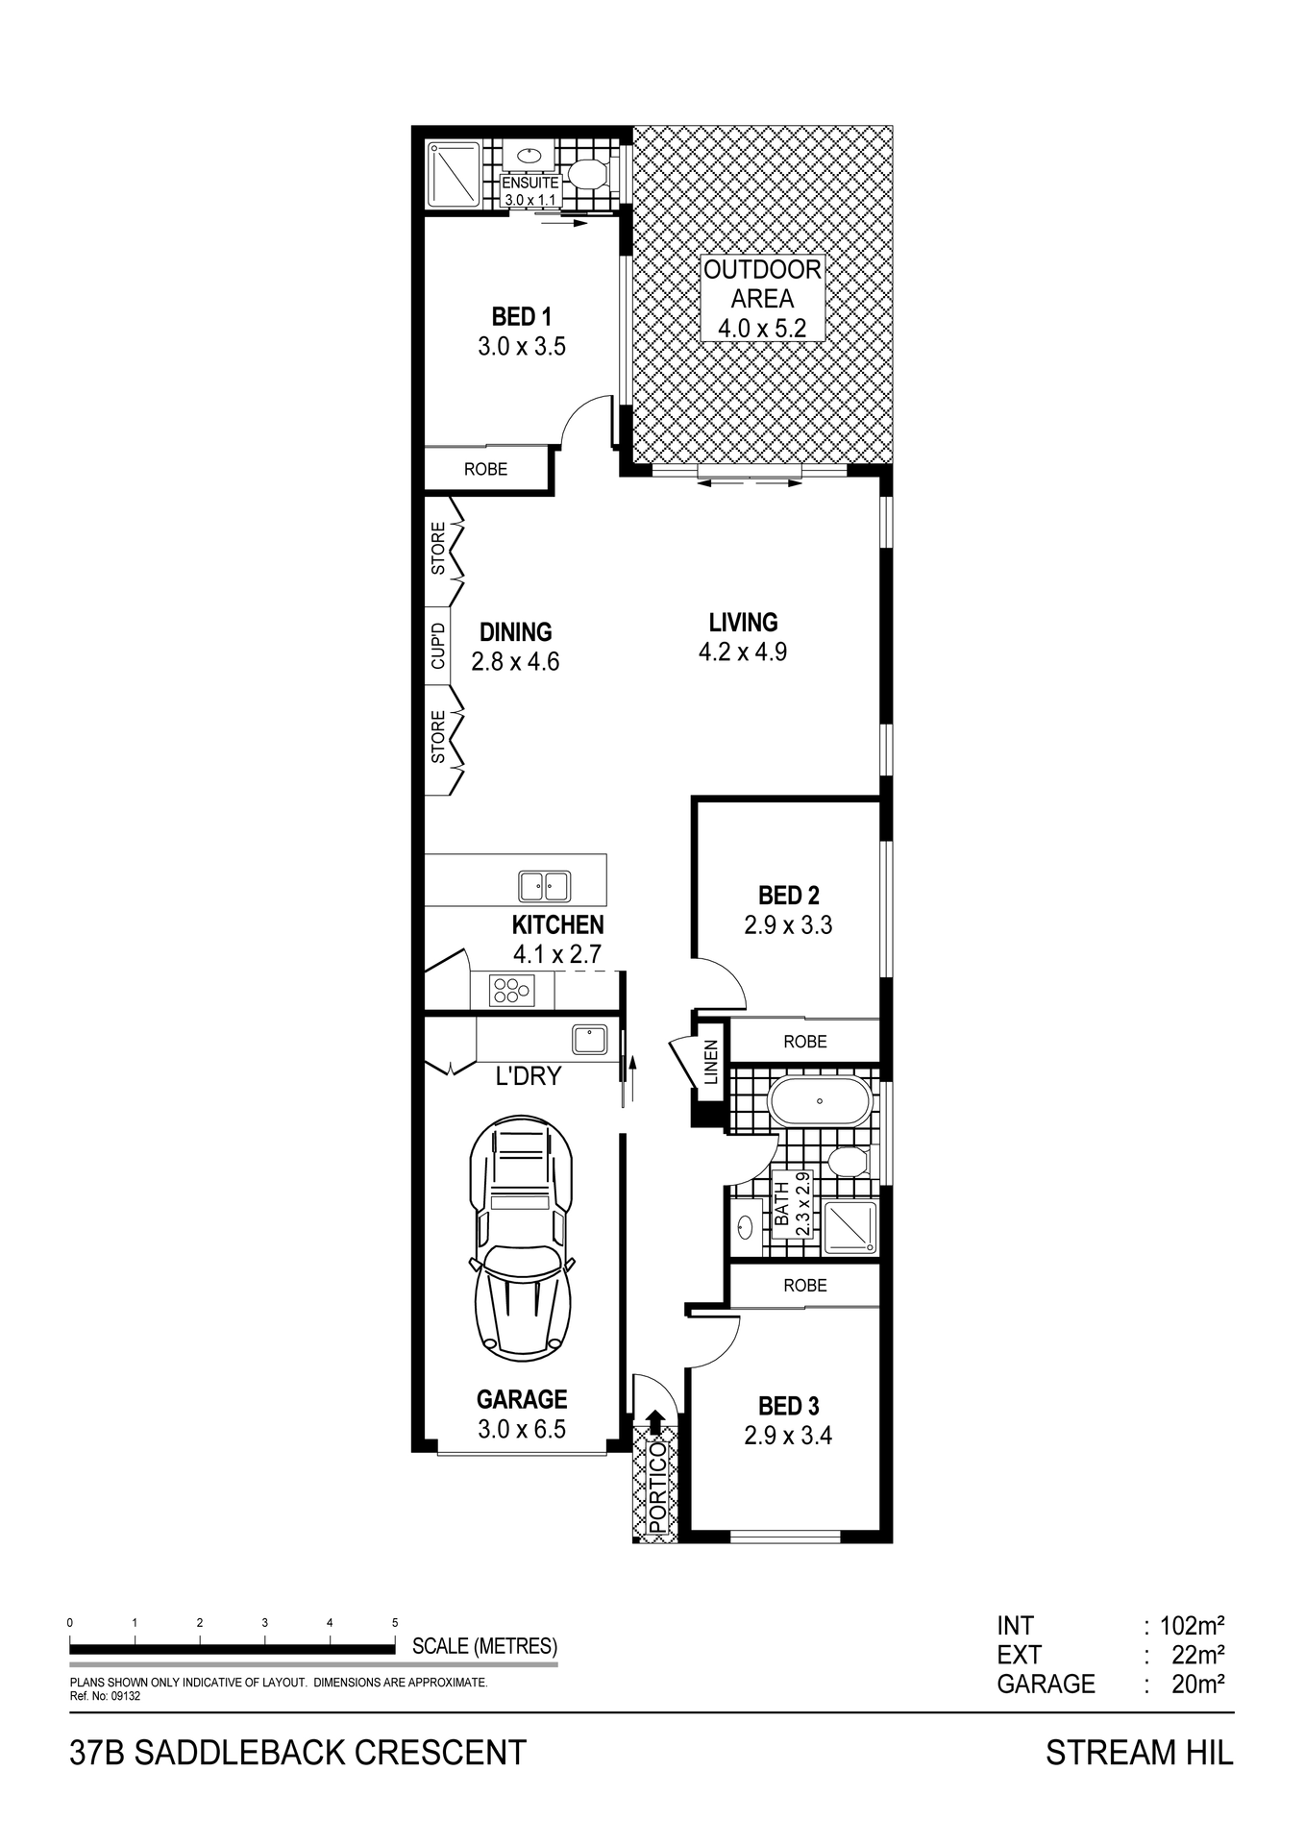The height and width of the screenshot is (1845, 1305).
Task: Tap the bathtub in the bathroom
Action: [x=820, y=1101]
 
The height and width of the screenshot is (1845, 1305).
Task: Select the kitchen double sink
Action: [x=545, y=885]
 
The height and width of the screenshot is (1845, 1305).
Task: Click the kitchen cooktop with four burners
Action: [x=511, y=990]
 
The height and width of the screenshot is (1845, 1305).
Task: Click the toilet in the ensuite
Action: [x=585, y=174]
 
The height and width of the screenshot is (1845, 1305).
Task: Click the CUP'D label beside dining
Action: [x=438, y=646]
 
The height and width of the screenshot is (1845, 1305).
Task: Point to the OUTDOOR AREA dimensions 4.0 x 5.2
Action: [x=762, y=328]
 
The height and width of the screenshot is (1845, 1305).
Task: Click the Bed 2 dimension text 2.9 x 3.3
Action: [x=788, y=925]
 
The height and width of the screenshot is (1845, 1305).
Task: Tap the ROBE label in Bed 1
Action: [x=485, y=470]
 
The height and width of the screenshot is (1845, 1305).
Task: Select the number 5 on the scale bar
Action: [x=395, y=1623]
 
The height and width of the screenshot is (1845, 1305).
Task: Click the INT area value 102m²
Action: [x=1192, y=1626]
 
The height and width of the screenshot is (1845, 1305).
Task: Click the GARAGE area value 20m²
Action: [x=1197, y=1684]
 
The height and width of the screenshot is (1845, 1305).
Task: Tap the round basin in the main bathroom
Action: [x=746, y=1227]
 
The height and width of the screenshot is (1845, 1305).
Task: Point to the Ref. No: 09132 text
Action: [x=106, y=1696]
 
